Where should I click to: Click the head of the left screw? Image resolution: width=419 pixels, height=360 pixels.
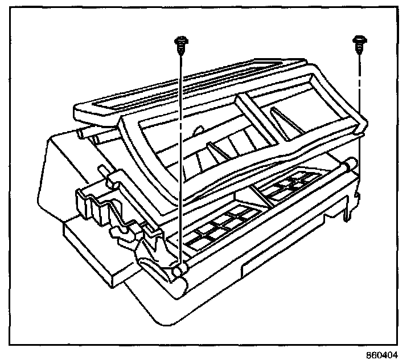point(180,40)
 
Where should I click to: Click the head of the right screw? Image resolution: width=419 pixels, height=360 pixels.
point(359,40)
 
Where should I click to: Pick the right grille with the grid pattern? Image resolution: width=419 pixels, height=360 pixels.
point(291,186)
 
